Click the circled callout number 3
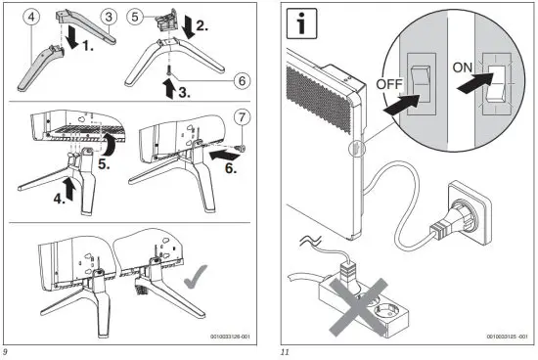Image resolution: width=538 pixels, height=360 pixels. pyautogui.click(x=109, y=16)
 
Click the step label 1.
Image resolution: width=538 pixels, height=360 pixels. pyautogui.click(x=87, y=46)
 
